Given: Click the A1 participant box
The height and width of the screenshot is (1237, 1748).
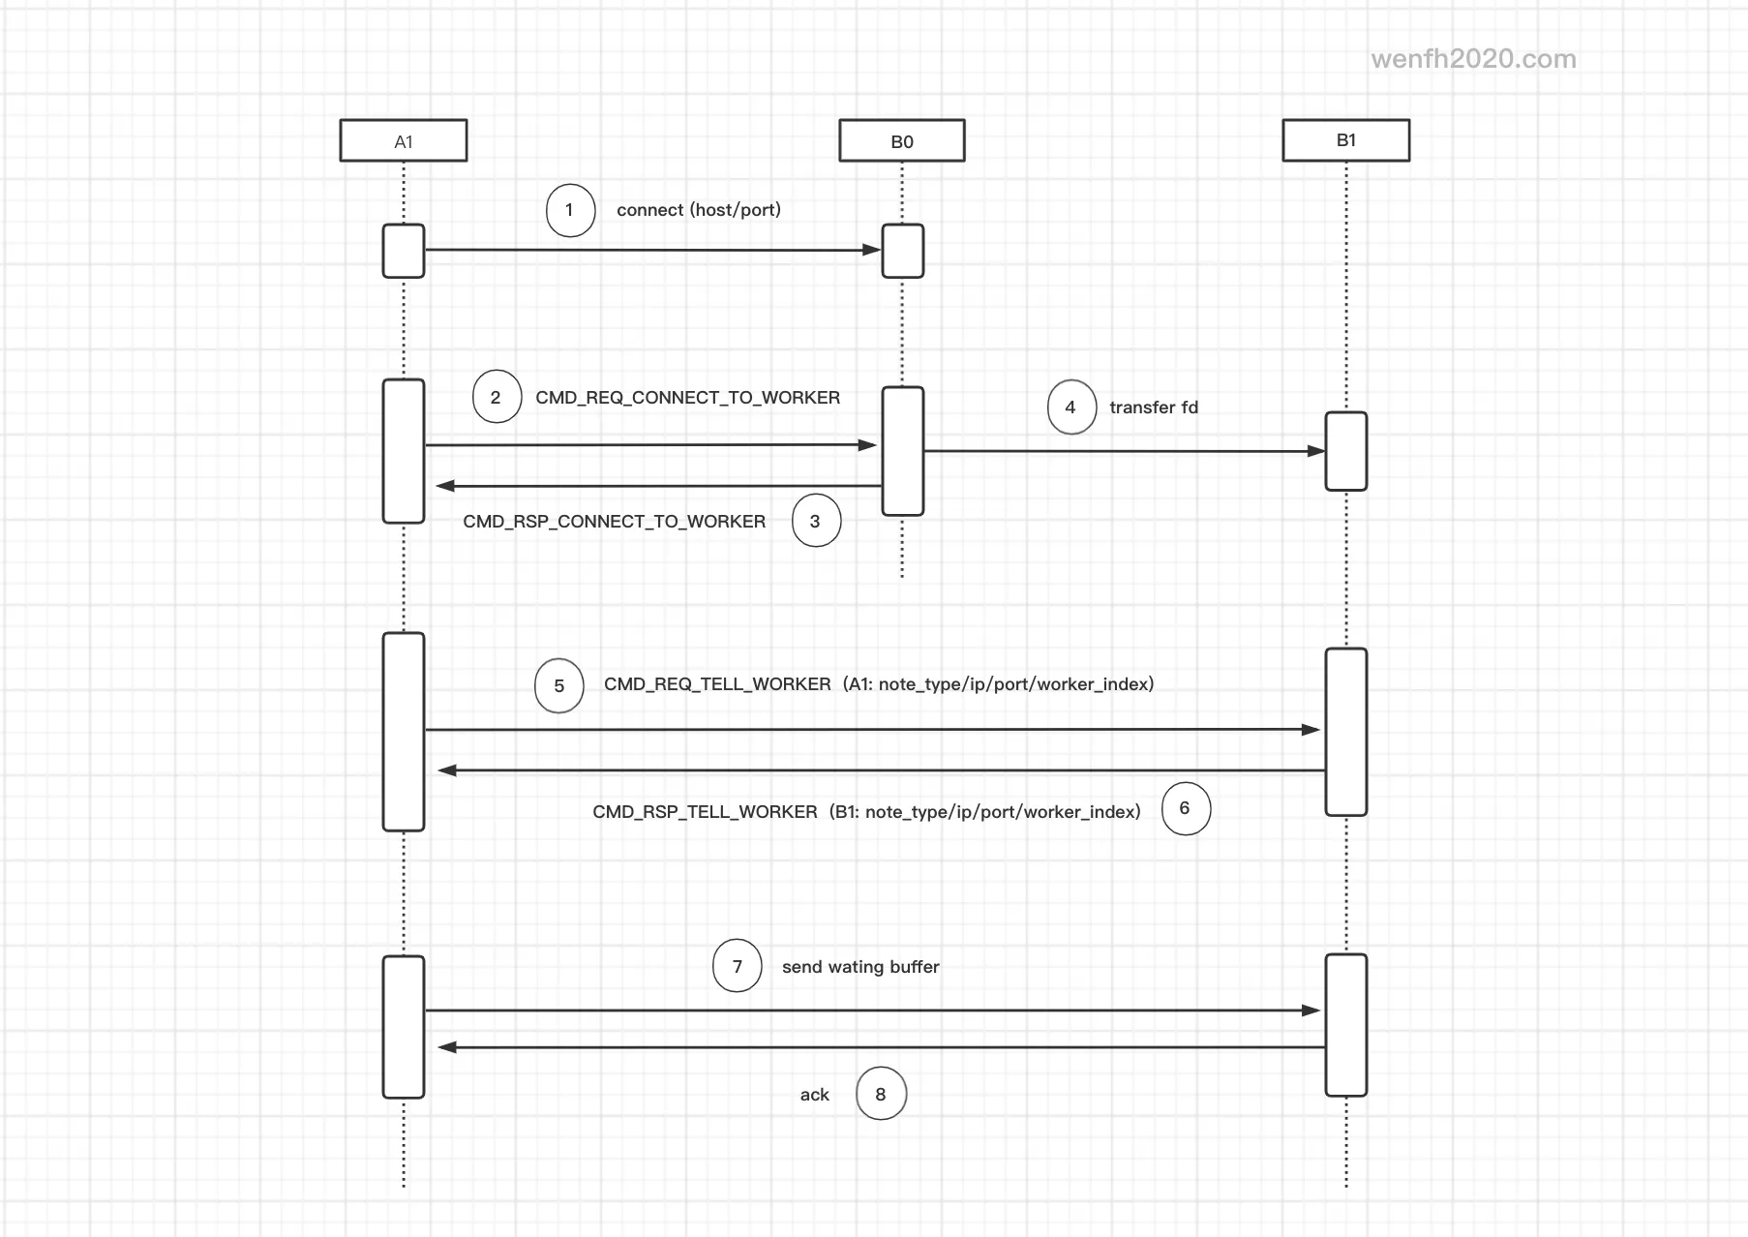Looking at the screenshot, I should click(404, 140).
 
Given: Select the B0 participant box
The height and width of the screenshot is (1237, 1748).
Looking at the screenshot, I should click(902, 140).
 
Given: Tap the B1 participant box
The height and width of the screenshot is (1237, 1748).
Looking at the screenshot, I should click(1346, 140).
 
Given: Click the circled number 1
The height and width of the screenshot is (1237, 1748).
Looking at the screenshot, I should click(570, 210).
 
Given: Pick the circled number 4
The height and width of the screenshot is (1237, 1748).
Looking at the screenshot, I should click(1071, 407).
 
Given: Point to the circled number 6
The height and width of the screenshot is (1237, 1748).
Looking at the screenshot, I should click(1186, 808).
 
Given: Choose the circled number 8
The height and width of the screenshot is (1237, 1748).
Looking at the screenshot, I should click(881, 1094).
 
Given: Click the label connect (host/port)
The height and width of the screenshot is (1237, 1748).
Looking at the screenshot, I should click(699, 210).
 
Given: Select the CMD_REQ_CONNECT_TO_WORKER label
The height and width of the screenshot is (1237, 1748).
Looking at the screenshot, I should click(687, 398).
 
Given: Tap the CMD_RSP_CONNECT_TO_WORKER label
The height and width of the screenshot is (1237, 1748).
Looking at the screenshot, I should click(614, 522).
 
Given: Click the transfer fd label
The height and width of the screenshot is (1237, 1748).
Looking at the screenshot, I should click(1154, 407).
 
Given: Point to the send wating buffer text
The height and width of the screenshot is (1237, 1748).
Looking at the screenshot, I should click(860, 967).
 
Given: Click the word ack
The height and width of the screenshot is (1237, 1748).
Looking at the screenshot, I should click(815, 1095).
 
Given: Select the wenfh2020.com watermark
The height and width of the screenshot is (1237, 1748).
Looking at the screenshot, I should click(1473, 59).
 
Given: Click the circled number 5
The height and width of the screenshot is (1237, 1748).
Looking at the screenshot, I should click(559, 686).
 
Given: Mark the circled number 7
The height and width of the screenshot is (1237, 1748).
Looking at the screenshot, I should click(738, 966).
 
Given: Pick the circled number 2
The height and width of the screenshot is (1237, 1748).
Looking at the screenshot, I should click(497, 398).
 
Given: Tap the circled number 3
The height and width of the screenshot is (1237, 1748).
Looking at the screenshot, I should click(816, 521).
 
